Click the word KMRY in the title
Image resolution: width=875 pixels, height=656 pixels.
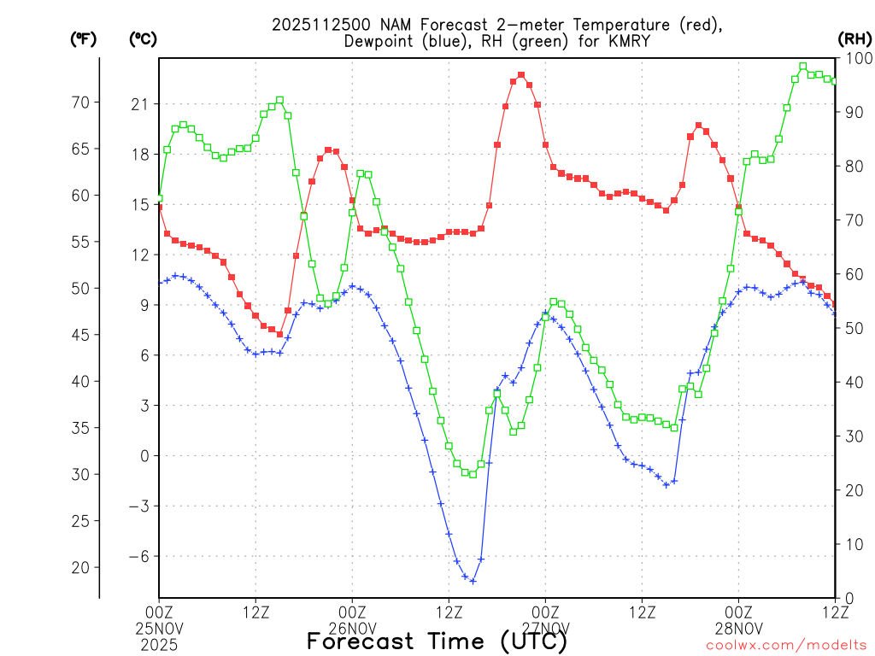coord(610,41)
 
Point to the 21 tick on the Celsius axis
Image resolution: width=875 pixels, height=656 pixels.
coord(139,104)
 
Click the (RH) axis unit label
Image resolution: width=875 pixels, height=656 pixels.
coord(854,38)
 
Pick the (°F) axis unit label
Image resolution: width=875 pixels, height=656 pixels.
coord(84,38)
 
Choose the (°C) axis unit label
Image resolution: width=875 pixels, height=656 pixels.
coord(142,38)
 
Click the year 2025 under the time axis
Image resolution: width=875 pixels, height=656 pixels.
coord(160,645)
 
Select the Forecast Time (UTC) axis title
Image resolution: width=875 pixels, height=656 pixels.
coord(437,640)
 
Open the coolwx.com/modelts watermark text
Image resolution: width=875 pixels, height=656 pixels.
coord(786,645)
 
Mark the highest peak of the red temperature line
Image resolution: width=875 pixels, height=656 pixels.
coord(521,75)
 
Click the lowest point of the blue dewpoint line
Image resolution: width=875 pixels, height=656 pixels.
coord(473,581)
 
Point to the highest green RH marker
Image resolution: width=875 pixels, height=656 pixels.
coord(802,66)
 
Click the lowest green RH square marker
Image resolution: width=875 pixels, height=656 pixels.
coord(473,474)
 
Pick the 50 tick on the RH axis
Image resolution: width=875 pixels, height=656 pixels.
coord(854,328)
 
